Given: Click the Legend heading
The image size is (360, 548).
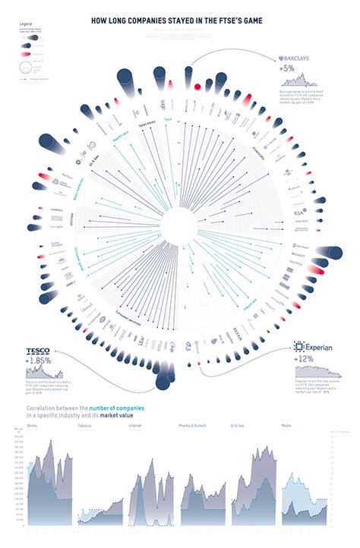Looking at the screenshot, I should (x=25, y=24).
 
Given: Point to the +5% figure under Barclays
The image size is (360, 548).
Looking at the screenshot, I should (x=288, y=69).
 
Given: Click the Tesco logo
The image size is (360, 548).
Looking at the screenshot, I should (x=38, y=351).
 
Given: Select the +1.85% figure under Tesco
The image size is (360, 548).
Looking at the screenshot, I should (x=39, y=361).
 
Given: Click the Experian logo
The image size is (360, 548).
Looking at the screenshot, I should (x=312, y=347).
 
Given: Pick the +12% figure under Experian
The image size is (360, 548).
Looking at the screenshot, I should (x=305, y=359).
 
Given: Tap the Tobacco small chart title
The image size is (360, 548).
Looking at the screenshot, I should (x=84, y=426).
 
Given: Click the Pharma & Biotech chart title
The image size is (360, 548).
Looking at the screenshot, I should (x=192, y=426).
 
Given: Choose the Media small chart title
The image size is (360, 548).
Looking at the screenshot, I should (x=286, y=426).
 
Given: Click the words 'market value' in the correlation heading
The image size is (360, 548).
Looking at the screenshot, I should (x=122, y=415).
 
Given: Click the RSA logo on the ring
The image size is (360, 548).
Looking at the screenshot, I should (x=298, y=214).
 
